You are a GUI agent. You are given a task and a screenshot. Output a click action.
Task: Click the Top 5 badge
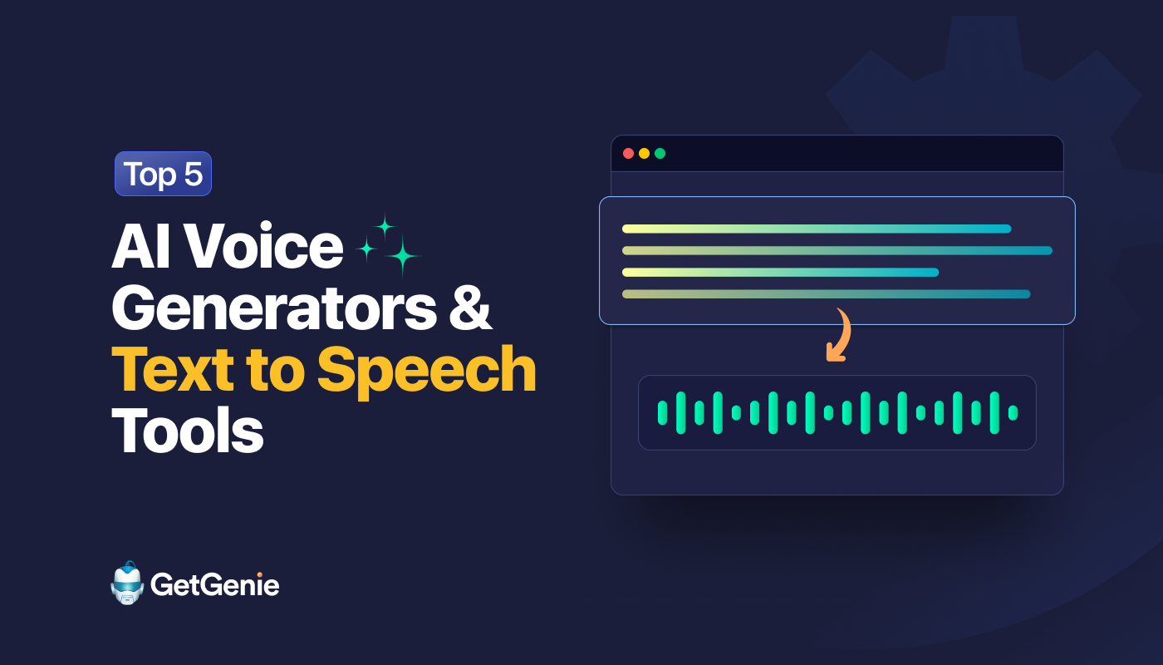pos(163,174)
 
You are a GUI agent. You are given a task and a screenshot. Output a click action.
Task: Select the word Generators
pos(275,308)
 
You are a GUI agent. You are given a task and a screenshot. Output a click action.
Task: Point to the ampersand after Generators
pos(474,308)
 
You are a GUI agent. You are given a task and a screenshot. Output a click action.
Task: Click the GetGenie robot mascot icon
pos(127,584)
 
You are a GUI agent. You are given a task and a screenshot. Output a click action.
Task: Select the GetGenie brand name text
pos(215,585)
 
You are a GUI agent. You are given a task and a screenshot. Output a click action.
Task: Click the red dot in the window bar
pos(629,154)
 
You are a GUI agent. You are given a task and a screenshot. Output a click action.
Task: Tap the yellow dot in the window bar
pos(644,154)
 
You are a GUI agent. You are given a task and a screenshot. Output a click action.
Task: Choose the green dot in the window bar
pos(660,154)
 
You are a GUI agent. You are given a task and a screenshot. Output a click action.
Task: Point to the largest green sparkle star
pos(403,256)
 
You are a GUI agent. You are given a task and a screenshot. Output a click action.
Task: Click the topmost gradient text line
pos(816,229)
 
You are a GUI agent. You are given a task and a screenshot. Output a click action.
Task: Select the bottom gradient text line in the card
pos(826,293)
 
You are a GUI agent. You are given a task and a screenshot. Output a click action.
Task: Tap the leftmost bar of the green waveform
pos(663,413)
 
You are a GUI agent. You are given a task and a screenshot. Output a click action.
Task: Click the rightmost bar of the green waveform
pos(1013,413)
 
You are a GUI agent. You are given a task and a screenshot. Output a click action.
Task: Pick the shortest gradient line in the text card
pos(780,272)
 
